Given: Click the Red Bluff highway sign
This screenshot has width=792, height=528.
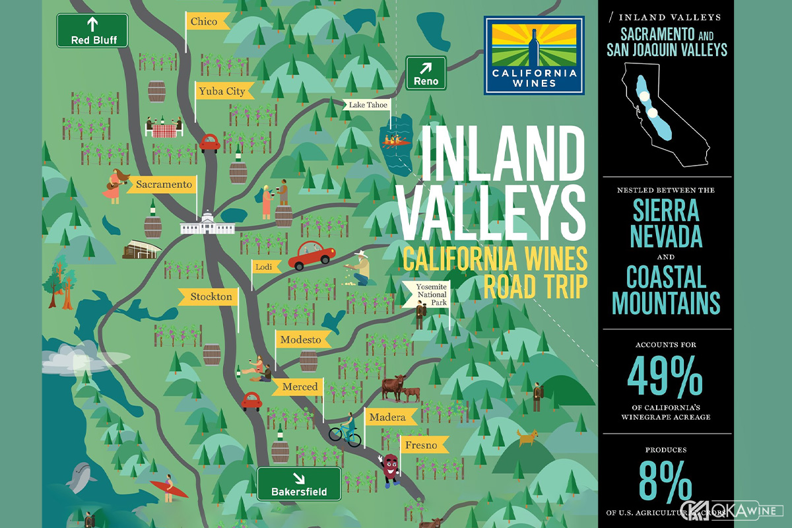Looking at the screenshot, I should click(92, 31).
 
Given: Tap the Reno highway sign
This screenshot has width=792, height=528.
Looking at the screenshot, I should click(426, 73).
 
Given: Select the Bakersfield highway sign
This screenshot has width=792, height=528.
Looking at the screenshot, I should click(299, 484).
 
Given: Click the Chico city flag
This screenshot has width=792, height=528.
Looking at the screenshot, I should click(206, 22).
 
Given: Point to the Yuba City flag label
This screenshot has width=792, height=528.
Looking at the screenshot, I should click(220, 92).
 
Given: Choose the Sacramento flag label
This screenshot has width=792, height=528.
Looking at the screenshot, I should click(164, 184).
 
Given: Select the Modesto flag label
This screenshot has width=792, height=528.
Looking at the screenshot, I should click(301, 341).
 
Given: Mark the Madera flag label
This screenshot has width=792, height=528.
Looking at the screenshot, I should click(389, 417).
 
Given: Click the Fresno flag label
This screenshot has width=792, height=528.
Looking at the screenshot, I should click(422, 445).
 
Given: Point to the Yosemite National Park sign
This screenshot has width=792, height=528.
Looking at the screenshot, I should click(432, 294).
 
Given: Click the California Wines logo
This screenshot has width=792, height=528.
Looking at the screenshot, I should click(534, 55).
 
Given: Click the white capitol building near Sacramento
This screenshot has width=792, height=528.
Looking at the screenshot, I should click(208, 224).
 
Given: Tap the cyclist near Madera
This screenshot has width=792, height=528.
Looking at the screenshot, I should click(346, 429).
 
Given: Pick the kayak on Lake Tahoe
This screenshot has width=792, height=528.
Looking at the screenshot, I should click(396, 139).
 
